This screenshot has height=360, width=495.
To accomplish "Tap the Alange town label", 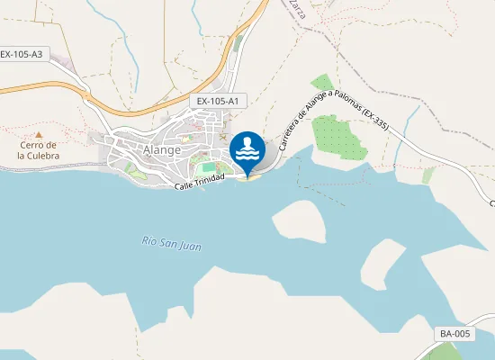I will [163, 150].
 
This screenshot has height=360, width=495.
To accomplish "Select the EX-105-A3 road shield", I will [22, 54].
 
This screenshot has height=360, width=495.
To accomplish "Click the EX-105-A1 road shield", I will [218, 102].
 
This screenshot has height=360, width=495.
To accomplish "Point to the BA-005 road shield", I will [455, 334].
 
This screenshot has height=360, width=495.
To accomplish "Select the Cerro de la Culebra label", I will [38, 150].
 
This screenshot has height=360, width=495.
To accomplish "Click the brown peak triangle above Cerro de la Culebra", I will [38, 134].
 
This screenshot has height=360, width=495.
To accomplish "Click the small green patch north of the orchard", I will [322, 85].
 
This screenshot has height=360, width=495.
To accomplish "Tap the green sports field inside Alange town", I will [210, 166].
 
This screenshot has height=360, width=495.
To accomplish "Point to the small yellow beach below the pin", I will [249, 177].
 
